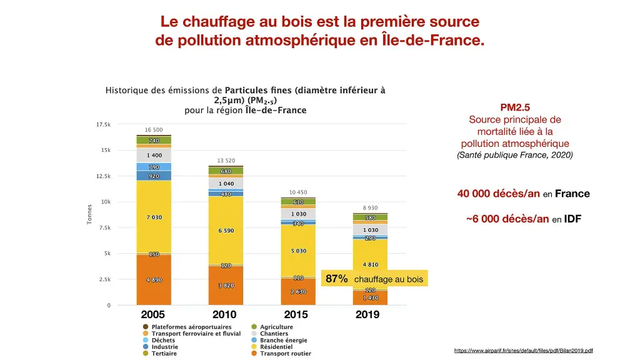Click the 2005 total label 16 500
(x=154, y=130)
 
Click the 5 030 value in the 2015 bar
(x=298, y=251)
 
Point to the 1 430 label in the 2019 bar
(x=370, y=298)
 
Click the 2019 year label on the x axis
(x=367, y=314)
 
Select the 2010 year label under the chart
(x=224, y=314)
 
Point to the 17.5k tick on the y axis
(x=103, y=124)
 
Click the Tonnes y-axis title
(x=89, y=215)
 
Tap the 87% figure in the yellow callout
(x=337, y=279)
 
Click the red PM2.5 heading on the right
(x=515, y=107)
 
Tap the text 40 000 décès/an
(x=498, y=194)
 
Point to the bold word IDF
(x=572, y=219)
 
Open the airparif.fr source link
(x=523, y=351)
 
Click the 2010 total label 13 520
(x=226, y=161)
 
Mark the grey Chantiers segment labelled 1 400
(x=154, y=155)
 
